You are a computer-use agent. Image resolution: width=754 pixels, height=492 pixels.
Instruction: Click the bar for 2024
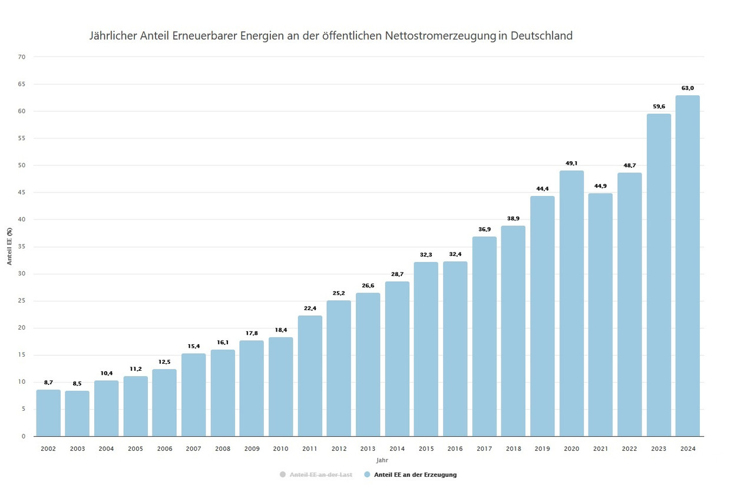tap(687, 266)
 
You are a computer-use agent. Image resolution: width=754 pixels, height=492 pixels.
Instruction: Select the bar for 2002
tap(48, 413)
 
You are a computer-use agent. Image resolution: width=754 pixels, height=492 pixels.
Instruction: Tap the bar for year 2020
tap(571, 304)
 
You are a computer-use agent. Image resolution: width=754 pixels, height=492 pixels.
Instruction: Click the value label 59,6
tap(659, 107)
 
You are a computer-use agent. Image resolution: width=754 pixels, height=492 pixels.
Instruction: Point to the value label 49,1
tap(571, 164)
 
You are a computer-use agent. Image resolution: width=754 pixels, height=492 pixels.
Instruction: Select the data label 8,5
tap(77, 384)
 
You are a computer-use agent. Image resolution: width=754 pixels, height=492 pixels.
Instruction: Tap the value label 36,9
tap(484, 230)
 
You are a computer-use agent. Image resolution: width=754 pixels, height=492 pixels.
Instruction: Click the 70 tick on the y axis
tap(22, 57)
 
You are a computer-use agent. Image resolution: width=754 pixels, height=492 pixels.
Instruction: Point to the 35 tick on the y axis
tap(22, 247)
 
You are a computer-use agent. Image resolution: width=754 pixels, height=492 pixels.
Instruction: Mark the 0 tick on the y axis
tap(24, 436)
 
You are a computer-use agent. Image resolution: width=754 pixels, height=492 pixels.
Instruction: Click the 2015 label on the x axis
tap(426, 449)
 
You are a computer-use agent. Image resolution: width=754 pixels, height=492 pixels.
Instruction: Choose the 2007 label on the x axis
tap(193, 449)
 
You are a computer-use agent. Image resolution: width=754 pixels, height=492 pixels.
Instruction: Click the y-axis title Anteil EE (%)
tap(10, 247)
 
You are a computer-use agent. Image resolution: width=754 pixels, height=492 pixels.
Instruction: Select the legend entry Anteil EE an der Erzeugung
tap(415, 474)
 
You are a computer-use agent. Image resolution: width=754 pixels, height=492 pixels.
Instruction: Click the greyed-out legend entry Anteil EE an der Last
tap(321, 474)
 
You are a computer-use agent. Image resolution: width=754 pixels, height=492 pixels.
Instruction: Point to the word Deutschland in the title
tap(541, 36)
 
